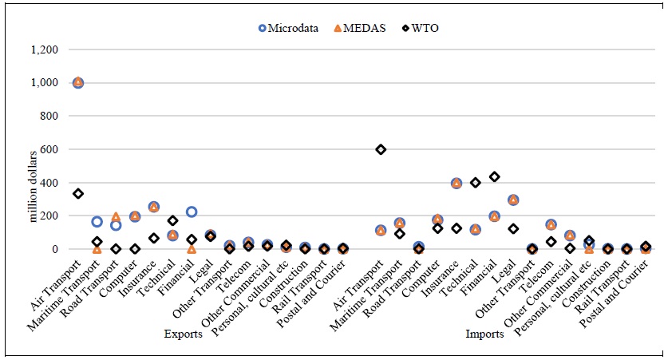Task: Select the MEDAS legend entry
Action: (x=354, y=29)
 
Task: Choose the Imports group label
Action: (x=484, y=334)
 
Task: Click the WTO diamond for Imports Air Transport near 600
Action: (x=381, y=149)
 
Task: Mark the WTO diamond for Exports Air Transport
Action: (x=77, y=194)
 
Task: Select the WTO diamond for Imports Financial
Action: (x=494, y=176)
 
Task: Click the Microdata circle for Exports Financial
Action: (x=191, y=212)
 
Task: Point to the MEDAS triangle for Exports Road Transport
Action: (x=116, y=217)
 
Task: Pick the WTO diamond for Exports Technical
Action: (x=172, y=220)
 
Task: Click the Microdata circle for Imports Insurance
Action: (x=457, y=183)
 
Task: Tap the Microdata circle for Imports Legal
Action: (x=513, y=200)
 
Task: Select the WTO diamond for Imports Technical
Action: (x=476, y=183)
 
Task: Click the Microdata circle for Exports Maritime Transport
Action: (x=97, y=222)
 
